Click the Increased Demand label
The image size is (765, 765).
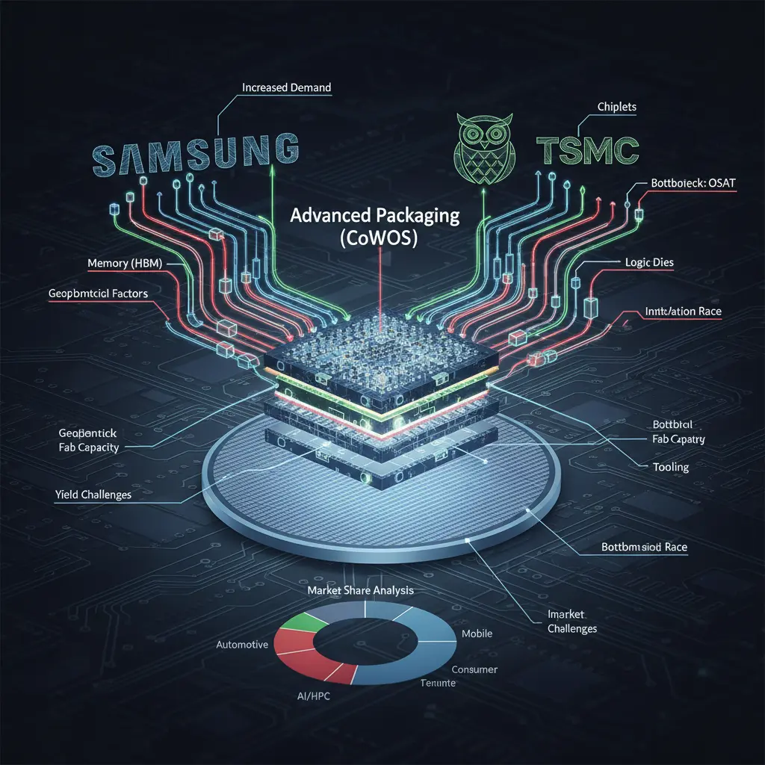pyautogui.click(x=286, y=87)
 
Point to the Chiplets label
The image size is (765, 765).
pyautogui.click(x=617, y=107)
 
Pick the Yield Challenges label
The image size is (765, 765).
pyautogui.click(x=93, y=495)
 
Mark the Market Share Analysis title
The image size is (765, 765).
pyautogui.click(x=361, y=590)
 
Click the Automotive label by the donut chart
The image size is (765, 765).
pyautogui.click(x=241, y=644)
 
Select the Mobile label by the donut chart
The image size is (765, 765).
pyautogui.click(x=477, y=634)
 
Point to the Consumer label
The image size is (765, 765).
pyautogui.click(x=474, y=669)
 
